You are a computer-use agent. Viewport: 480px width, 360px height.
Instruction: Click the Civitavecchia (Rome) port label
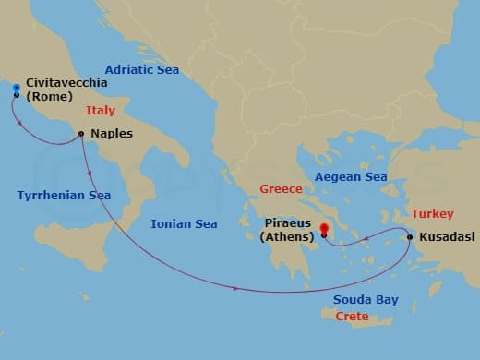(66, 89)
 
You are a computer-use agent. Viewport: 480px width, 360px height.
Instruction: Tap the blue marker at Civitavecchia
(17, 89)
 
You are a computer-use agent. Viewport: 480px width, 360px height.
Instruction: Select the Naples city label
(111, 134)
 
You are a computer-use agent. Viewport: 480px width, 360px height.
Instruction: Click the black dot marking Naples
(82, 134)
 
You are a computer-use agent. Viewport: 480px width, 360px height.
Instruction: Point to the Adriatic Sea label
(142, 70)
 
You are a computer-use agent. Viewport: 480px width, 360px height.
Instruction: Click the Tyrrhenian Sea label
(64, 195)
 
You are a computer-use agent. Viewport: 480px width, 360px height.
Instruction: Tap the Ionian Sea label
(185, 223)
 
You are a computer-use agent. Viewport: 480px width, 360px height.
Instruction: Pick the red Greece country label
(282, 189)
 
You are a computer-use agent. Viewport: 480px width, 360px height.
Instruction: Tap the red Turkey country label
(432, 213)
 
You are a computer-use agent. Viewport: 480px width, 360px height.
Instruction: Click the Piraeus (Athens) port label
(288, 229)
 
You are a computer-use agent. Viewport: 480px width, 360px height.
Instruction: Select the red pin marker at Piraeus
(324, 231)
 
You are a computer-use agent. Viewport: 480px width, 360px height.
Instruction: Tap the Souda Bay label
(366, 300)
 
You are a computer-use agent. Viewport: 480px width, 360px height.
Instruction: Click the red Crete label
(352, 317)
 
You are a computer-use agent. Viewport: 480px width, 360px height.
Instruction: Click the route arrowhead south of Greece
(237, 289)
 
